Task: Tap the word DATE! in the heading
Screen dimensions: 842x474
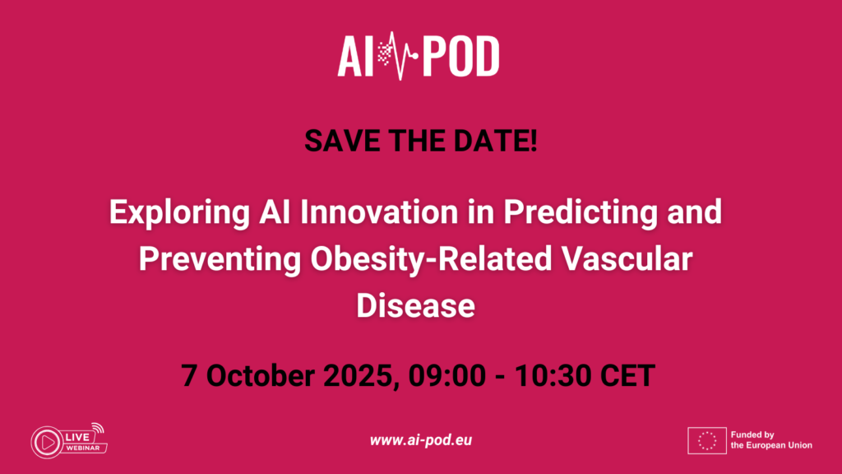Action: pyautogui.click(x=496, y=141)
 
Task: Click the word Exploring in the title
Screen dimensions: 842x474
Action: pyautogui.click(x=179, y=213)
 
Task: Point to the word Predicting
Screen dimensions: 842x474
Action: pyautogui.click(x=581, y=213)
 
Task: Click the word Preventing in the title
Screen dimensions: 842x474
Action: pyautogui.click(x=220, y=260)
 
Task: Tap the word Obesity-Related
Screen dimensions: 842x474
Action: pyautogui.click(x=431, y=260)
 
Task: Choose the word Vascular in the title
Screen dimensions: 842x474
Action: pyautogui.click(x=627, y=259)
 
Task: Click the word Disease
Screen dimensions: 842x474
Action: pyautogui.click(x=415, y=306)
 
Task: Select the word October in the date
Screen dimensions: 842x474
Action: pyautogui.click(x=261, y=375)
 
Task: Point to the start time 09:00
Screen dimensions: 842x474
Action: pyautogui.click(x=446, y=375)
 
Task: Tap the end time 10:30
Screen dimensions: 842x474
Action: pyautogui.click(x=553, y=375)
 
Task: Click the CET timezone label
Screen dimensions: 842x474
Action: pyautogui.click(x=627, y=375)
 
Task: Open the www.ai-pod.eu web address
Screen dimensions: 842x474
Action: pyautogui.click(x=421, y=440)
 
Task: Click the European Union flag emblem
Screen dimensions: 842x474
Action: pyautogui.click(x=707, y=441)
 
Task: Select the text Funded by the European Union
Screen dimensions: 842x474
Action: pyautogui.click(x=771, y=440)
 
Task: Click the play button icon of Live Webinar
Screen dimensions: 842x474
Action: pyautogui.click(x=47, y=442)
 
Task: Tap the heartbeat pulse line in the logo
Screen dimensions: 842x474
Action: pyautogui.click(x=400, y=55)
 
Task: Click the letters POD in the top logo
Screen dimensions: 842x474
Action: pyautogui.click(x=460, y=57)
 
